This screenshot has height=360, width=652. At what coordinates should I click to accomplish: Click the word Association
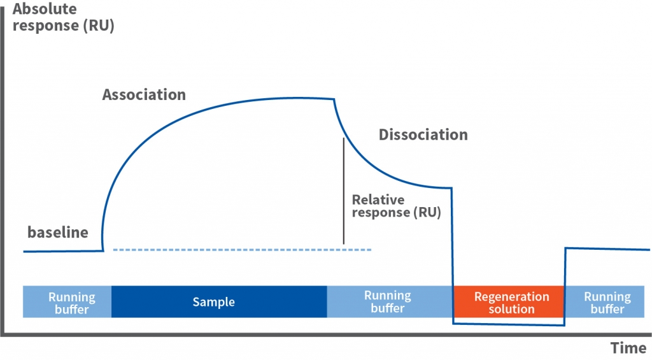[x=144, y=94]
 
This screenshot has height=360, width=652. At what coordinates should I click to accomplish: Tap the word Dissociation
[x=423, y=134]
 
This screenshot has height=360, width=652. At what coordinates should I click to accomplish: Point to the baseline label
[x=58, y=232]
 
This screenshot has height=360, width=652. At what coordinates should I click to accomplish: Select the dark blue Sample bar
[x=219, y=302]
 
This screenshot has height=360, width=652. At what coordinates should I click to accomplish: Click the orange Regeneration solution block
[x=509, y=302]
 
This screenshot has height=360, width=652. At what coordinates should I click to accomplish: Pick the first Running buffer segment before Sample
[x=67, y=302]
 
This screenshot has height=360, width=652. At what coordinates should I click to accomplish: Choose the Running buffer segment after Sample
[x=390, y=302]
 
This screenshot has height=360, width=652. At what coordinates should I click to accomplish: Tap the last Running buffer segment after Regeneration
[x=605, y=302]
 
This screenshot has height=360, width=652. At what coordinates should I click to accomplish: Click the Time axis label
[x=628, y=347]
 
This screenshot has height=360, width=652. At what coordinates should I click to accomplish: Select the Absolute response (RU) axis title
[x=63, y=17]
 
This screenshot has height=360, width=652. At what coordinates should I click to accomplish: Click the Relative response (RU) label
[x=396, y=206]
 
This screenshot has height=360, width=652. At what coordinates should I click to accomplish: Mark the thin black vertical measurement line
[x=343, y=191]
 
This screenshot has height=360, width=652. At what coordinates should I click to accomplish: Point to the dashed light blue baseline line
[x=242, y=250]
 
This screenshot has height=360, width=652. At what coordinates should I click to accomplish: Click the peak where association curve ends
[x=334, y=99]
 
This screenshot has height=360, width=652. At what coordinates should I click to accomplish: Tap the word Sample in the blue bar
[x=214, y=302]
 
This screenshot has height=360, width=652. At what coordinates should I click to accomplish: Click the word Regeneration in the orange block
[x=511, y=296]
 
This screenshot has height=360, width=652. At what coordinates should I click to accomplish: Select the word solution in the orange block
[x=511, y=309]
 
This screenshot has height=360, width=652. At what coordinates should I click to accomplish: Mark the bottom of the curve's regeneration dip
[x=509, y=324]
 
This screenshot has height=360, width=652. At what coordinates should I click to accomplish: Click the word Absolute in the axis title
[x=45, y=9]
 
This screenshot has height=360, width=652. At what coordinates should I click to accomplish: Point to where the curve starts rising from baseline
[x=103, y=250]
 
